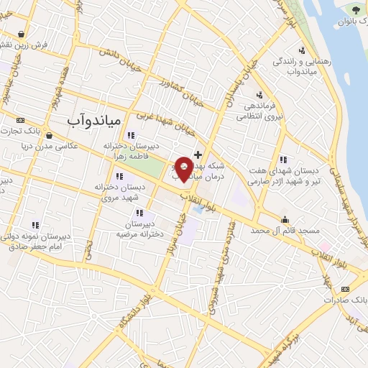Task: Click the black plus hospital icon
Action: click(x=198, y=155)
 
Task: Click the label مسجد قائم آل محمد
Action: click(x=285, y=231)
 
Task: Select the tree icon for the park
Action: click(x=355, y=9)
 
